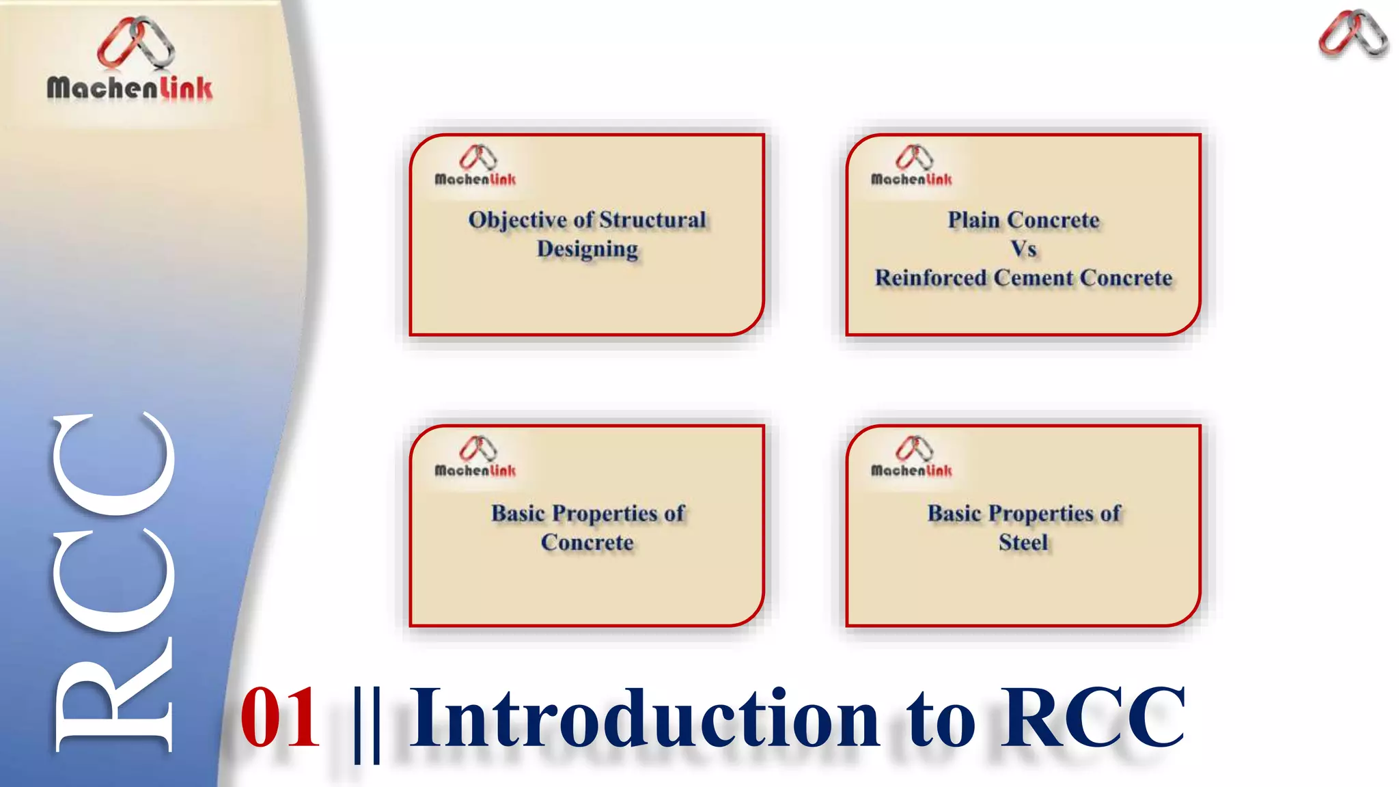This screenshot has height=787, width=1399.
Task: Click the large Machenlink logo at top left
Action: pos(130,61)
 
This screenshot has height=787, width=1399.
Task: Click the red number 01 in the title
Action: pos(280,717)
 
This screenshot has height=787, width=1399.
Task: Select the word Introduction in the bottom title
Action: pos(645,717)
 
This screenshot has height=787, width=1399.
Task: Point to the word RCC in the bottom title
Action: pos(1093,717)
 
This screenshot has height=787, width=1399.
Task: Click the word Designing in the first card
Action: pos(587,249)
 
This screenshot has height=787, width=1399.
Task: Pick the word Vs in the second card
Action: pos(1023,249)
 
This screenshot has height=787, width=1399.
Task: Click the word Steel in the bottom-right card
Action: pos(1023,542)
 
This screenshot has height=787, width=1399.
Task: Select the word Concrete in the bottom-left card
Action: pos(587,542)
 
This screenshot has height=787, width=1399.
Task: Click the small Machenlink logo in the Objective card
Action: pos(476,166)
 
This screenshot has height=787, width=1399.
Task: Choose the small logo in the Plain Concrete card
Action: pos(912,166)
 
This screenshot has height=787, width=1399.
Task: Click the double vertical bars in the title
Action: pos(368,723)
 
